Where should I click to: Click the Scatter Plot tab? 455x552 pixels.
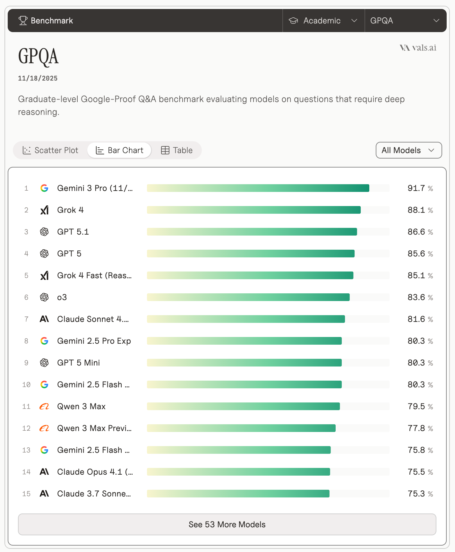50,150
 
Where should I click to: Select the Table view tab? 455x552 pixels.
176,150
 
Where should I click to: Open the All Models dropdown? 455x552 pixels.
408,150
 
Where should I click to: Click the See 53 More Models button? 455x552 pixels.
227,524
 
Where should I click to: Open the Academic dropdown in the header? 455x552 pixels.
323,21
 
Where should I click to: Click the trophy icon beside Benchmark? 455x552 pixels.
23,21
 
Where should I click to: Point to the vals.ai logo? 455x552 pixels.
418,48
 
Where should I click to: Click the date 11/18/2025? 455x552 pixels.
38,78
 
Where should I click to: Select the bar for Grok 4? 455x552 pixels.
253,210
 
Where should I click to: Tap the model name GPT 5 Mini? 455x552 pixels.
79,363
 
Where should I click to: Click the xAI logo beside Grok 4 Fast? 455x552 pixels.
44,275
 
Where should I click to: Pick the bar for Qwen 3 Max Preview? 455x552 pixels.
241,428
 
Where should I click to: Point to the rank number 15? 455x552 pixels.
26,494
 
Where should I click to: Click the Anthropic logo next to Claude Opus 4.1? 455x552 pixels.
44,472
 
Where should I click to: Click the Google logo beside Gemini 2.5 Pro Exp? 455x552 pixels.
44,341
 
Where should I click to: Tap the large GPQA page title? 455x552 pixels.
39,56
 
